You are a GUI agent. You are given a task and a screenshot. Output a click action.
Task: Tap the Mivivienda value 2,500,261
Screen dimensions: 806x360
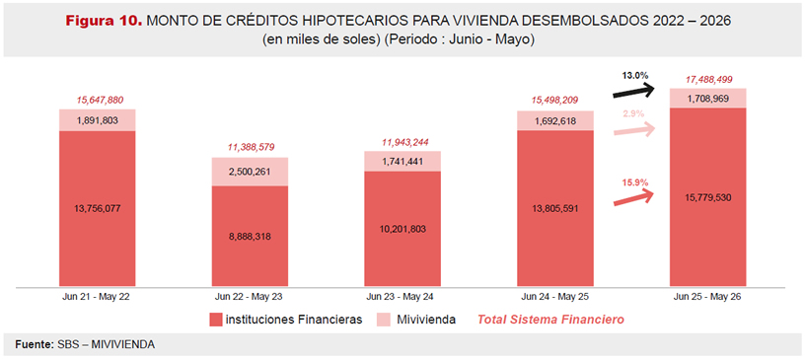pos(250,172)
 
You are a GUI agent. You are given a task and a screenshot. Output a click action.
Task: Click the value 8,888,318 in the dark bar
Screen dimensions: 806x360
pos(250,237)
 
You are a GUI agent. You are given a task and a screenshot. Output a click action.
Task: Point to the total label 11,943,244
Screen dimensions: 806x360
pos(403,142)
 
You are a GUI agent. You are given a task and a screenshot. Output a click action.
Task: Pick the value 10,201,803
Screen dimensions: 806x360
pos(403,229)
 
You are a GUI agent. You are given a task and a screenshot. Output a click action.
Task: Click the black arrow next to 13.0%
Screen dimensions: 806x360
pos(633,93)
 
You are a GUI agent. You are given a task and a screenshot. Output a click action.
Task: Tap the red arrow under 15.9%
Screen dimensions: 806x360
pos(633,198)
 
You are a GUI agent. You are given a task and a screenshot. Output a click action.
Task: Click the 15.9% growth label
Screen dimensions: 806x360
pos(633,181)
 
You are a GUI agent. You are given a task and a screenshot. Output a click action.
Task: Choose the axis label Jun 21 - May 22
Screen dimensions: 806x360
pos(97,297)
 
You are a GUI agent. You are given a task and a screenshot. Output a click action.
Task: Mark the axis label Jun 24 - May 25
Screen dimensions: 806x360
pos(555,297)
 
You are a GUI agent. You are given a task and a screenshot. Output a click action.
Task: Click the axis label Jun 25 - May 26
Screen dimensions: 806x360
pos(707,297)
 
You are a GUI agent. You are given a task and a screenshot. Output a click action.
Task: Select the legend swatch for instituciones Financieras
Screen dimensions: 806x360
pos(215,320)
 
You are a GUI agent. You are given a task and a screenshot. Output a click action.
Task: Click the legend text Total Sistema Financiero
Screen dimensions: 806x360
pos(551,320)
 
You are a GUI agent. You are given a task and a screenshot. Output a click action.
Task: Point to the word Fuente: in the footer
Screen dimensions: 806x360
pos(33,344)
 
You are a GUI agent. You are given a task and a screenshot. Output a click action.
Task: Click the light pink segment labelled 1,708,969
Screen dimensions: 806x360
pos(707,98)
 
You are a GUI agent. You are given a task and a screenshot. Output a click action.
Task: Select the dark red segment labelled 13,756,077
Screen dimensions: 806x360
pos(97,208)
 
